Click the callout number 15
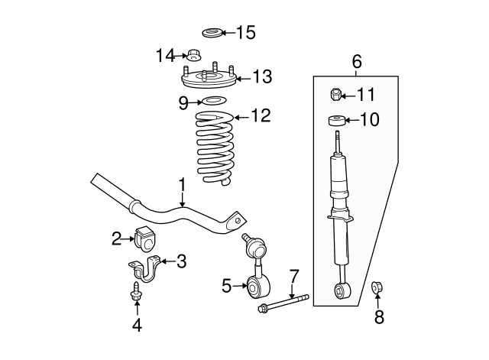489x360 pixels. click(x=245, y=32)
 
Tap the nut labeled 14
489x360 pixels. click(x=194, y=55)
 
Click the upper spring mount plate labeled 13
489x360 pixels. click(x=206, y=78)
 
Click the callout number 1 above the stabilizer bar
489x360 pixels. click(x=183, y=184)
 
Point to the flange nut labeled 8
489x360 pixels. click(x=377, y=287)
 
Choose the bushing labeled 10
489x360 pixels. click(x=335, y=119)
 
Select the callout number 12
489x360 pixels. click(x=261, y=116)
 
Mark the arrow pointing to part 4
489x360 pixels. click(x=138, y=308)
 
